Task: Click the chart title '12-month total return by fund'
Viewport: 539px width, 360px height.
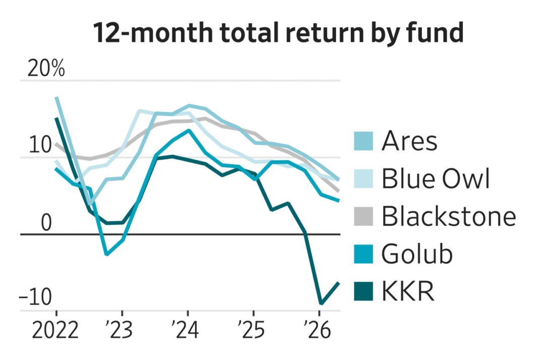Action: pyautogui.click(x=279, y=33)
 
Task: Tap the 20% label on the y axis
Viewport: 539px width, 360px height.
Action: pyautogui.click(x=46, y=69)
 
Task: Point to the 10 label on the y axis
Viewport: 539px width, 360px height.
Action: pyautogui.click(x=40, y=145)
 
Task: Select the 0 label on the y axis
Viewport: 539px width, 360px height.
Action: pyautogui.click(x=46, y=223)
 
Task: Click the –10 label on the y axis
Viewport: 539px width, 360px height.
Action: pyautogui.click(x=35, y=297)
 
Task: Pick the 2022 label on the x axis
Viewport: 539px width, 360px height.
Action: pyautogui.click(x=56, y=330)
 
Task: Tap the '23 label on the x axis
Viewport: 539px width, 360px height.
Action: pyautogui.click(x=121, y=330)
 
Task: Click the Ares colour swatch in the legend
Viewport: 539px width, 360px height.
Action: pyautogui.click(x=363, y=141)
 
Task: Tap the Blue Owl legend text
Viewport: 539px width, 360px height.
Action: pyautogui.click(x=436, y=179)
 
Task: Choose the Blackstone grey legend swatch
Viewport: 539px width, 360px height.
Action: pyautogui.click(x=363, y=216)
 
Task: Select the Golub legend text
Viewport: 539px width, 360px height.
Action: pyautogui.click(x=417, y=254)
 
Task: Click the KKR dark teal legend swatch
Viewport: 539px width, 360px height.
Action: pyautogui.click(x=363, y=291)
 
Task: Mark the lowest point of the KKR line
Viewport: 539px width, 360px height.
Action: pyautogui.click(x=321, y=303)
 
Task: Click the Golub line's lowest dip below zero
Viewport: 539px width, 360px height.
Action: pyautogui.click(x=106, y=254)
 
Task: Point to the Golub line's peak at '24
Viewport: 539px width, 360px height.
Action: pyautogui.click(x=188, y=130)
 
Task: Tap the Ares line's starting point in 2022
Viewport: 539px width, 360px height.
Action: pyautogui.click(x=57, y=97)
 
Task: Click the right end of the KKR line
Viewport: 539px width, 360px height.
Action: pyautogui.click(x=339, y=283)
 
